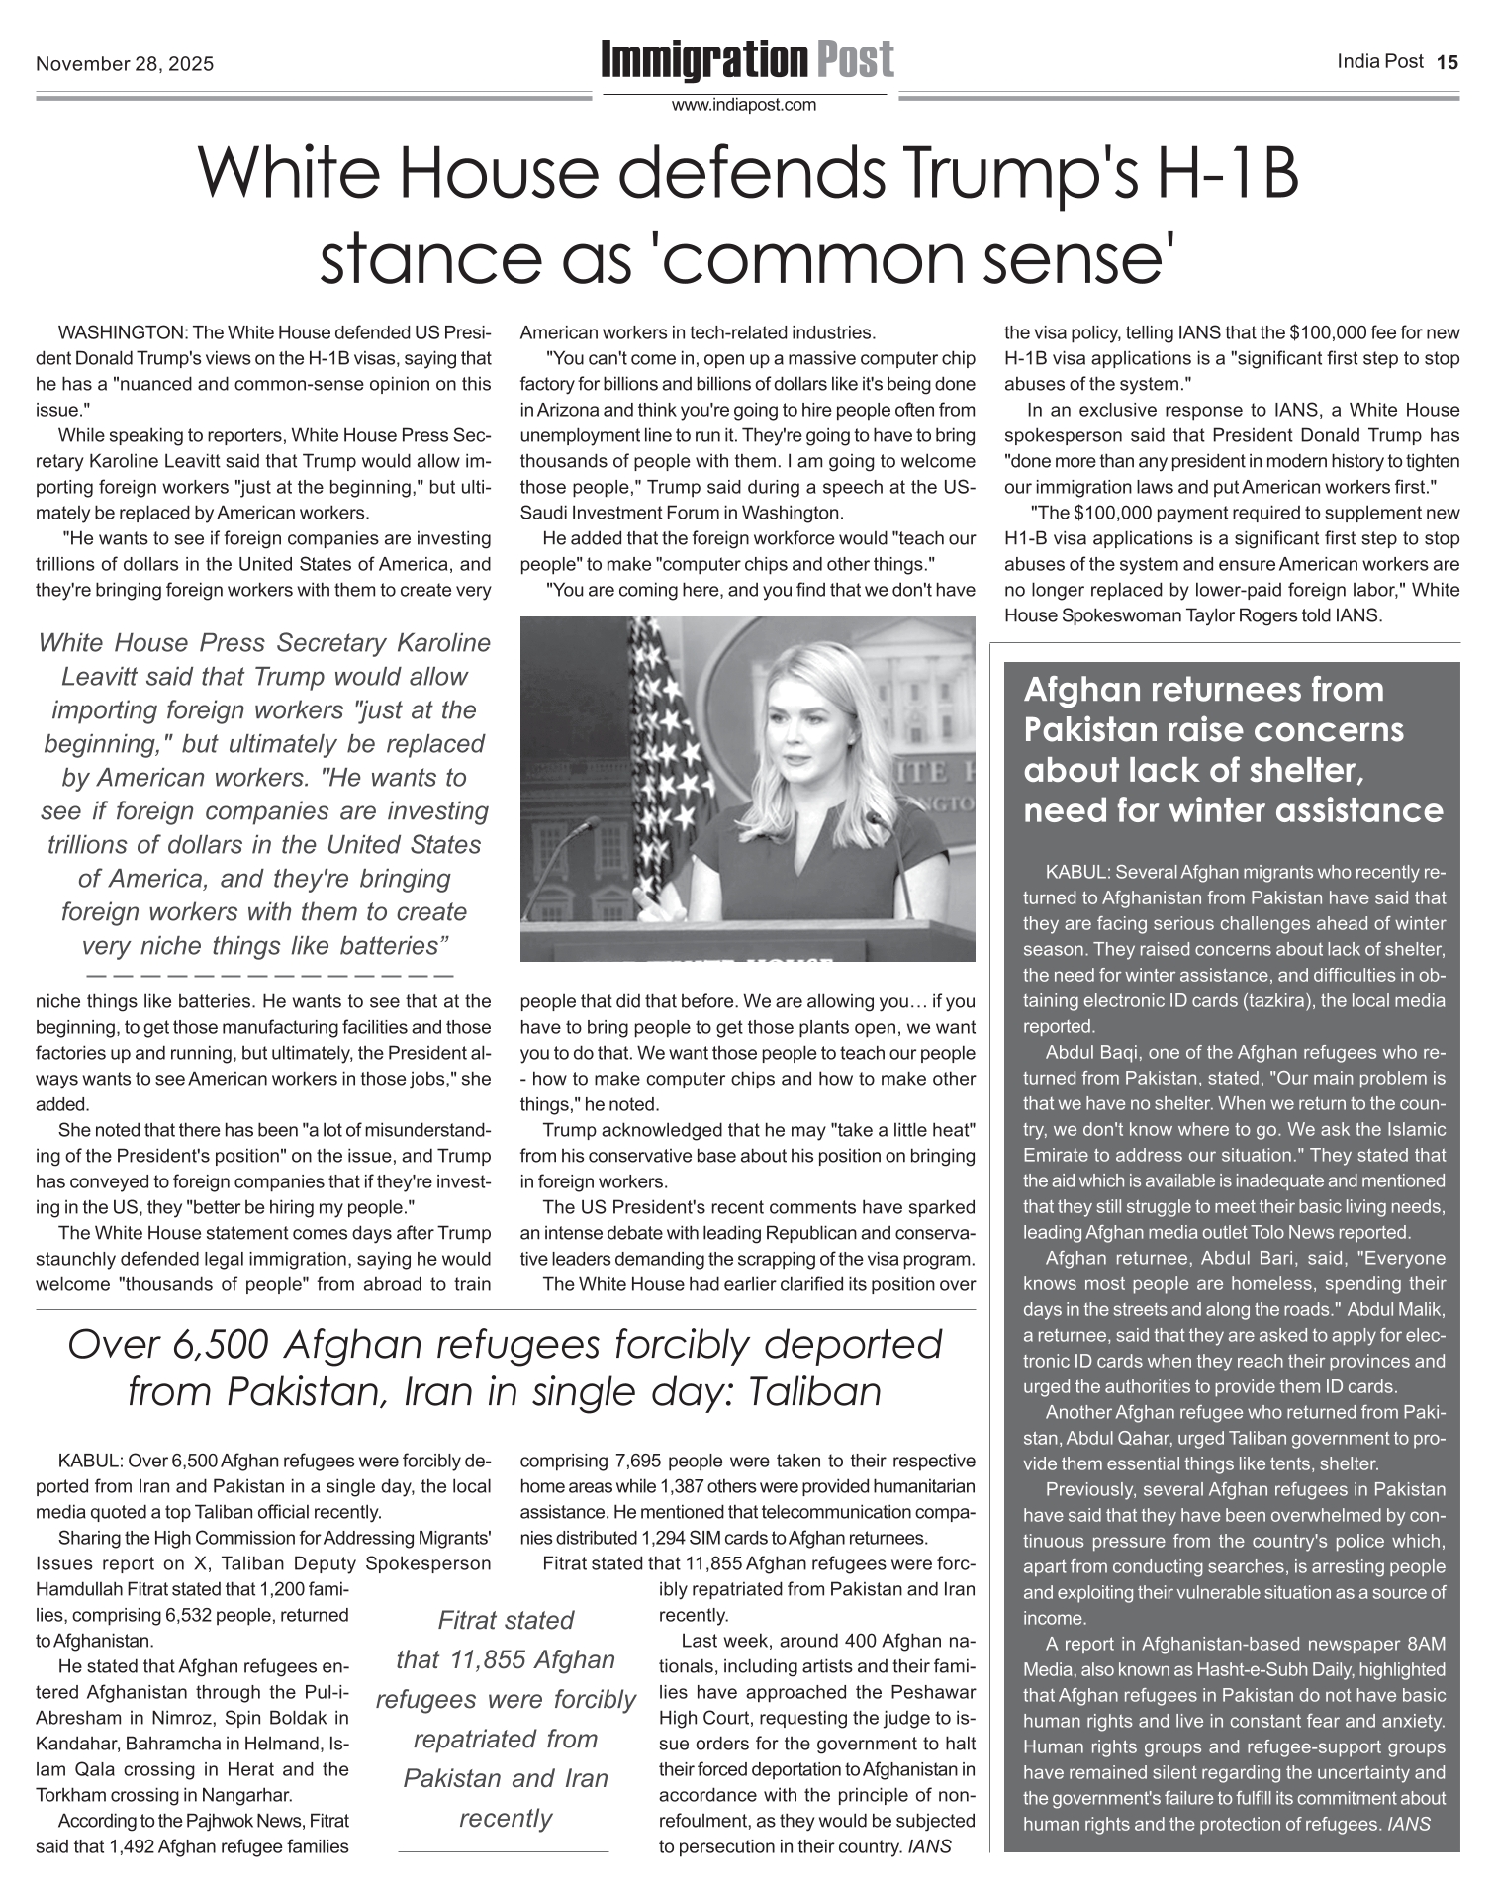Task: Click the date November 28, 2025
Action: coord(125,65)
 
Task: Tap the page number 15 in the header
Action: coord(1448,62)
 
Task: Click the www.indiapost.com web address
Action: coord(744,105)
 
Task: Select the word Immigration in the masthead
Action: coord(703,60)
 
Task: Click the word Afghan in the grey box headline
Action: coord(1078,690)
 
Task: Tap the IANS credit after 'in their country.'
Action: coord(929,1846)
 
